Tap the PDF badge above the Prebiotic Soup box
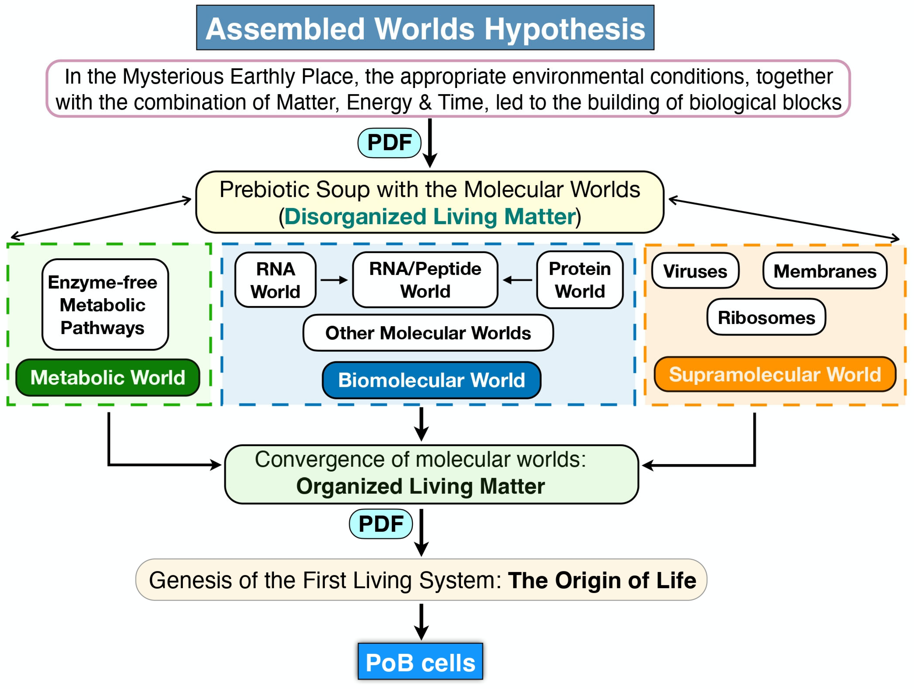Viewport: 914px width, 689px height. coord(389,143)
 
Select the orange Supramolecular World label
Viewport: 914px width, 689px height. coord(775,374)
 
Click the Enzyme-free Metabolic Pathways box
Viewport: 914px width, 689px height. coord(105,305)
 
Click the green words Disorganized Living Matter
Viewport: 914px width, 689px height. coord(430,217)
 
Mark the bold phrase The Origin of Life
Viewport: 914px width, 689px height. coord(602,580)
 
